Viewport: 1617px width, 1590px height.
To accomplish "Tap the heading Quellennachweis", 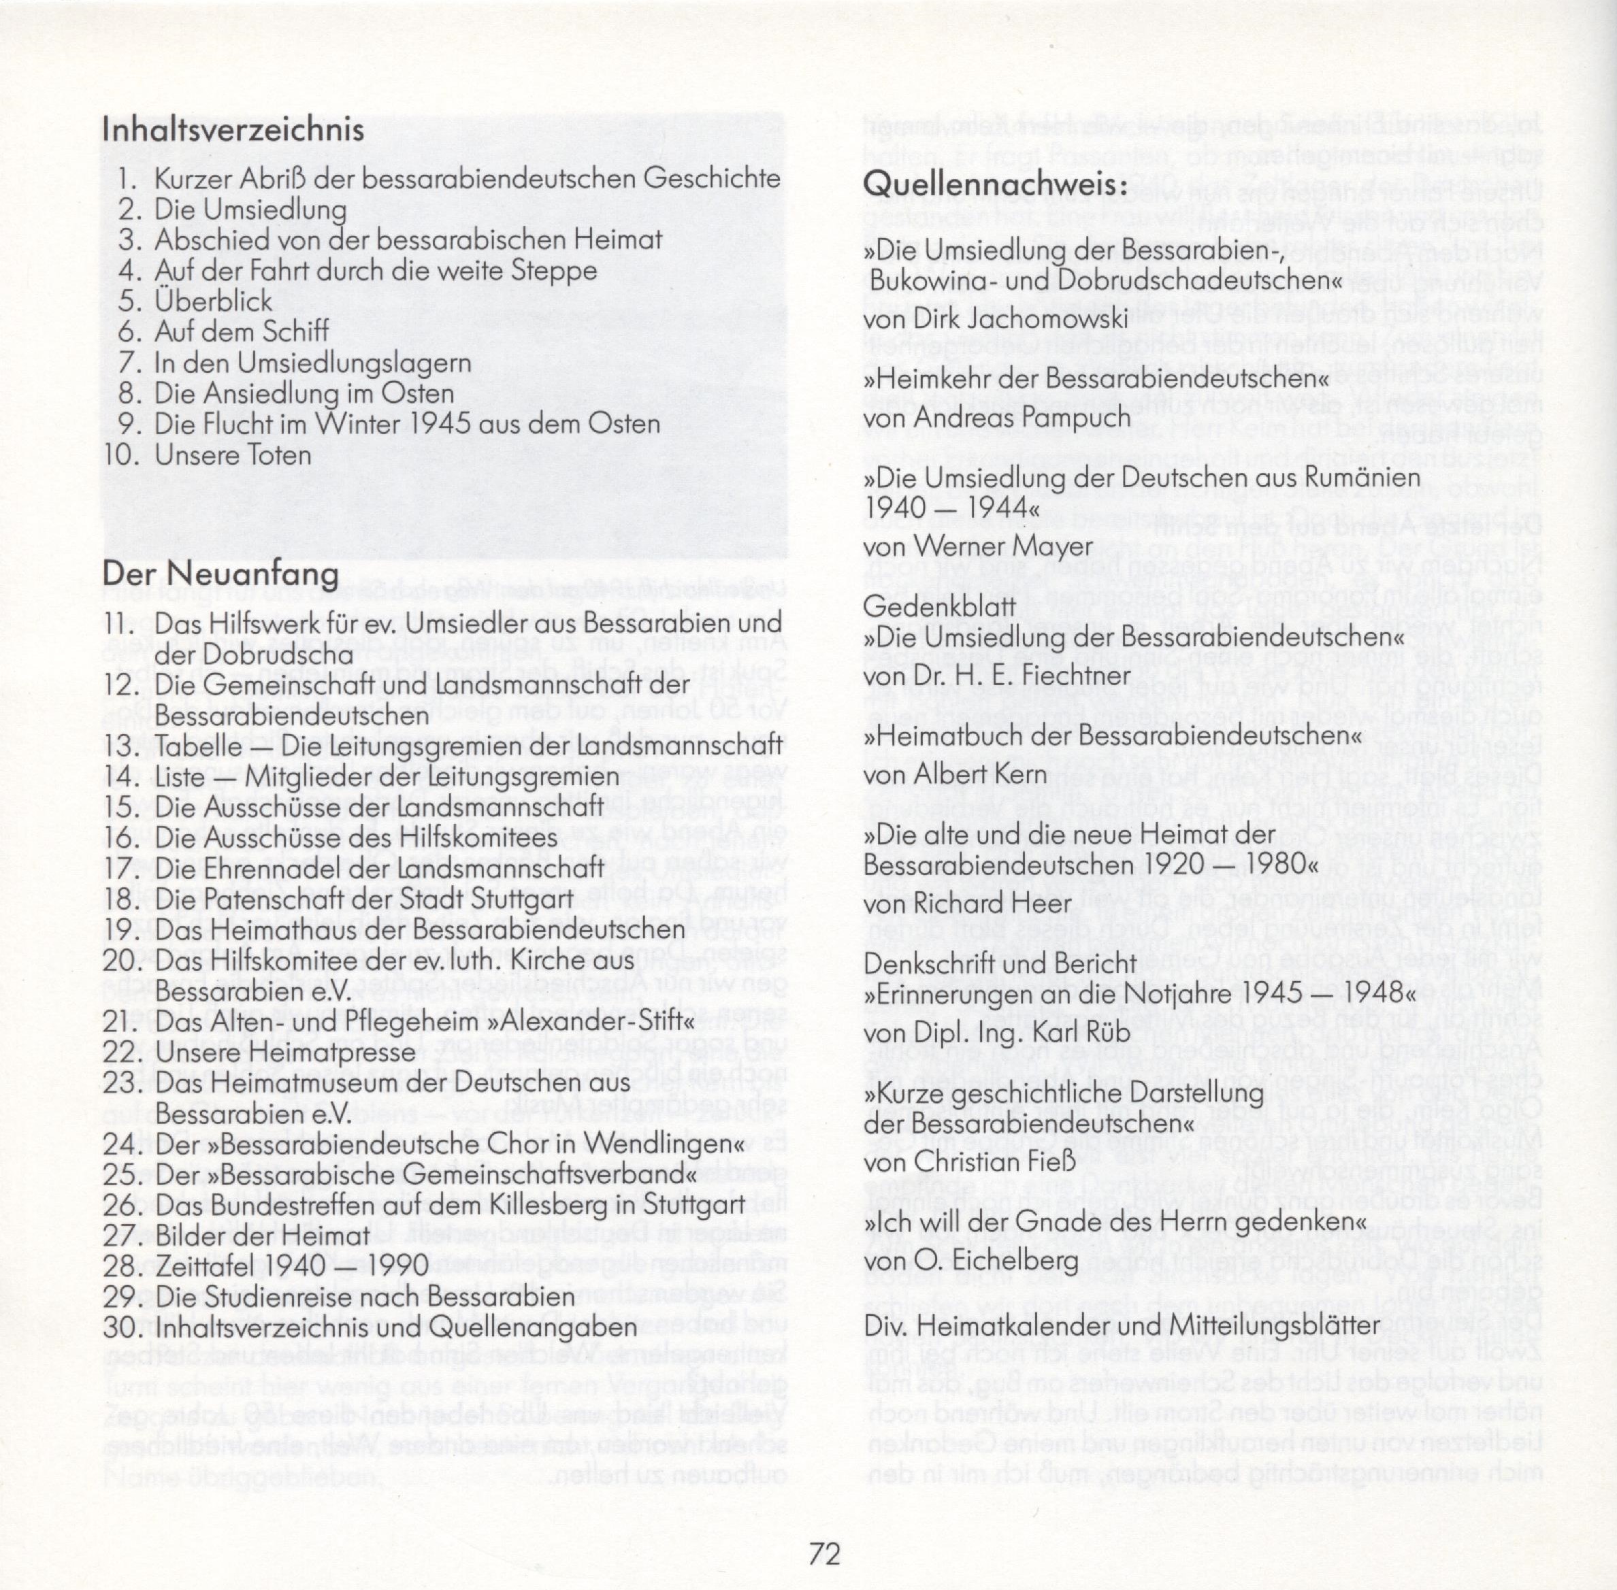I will [x=995, y=184].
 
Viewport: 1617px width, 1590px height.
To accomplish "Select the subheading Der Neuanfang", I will [x=220, y=574].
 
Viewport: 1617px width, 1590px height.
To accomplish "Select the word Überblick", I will [x=213, y=301].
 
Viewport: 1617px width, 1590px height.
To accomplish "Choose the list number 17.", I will [x=122, y=869].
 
